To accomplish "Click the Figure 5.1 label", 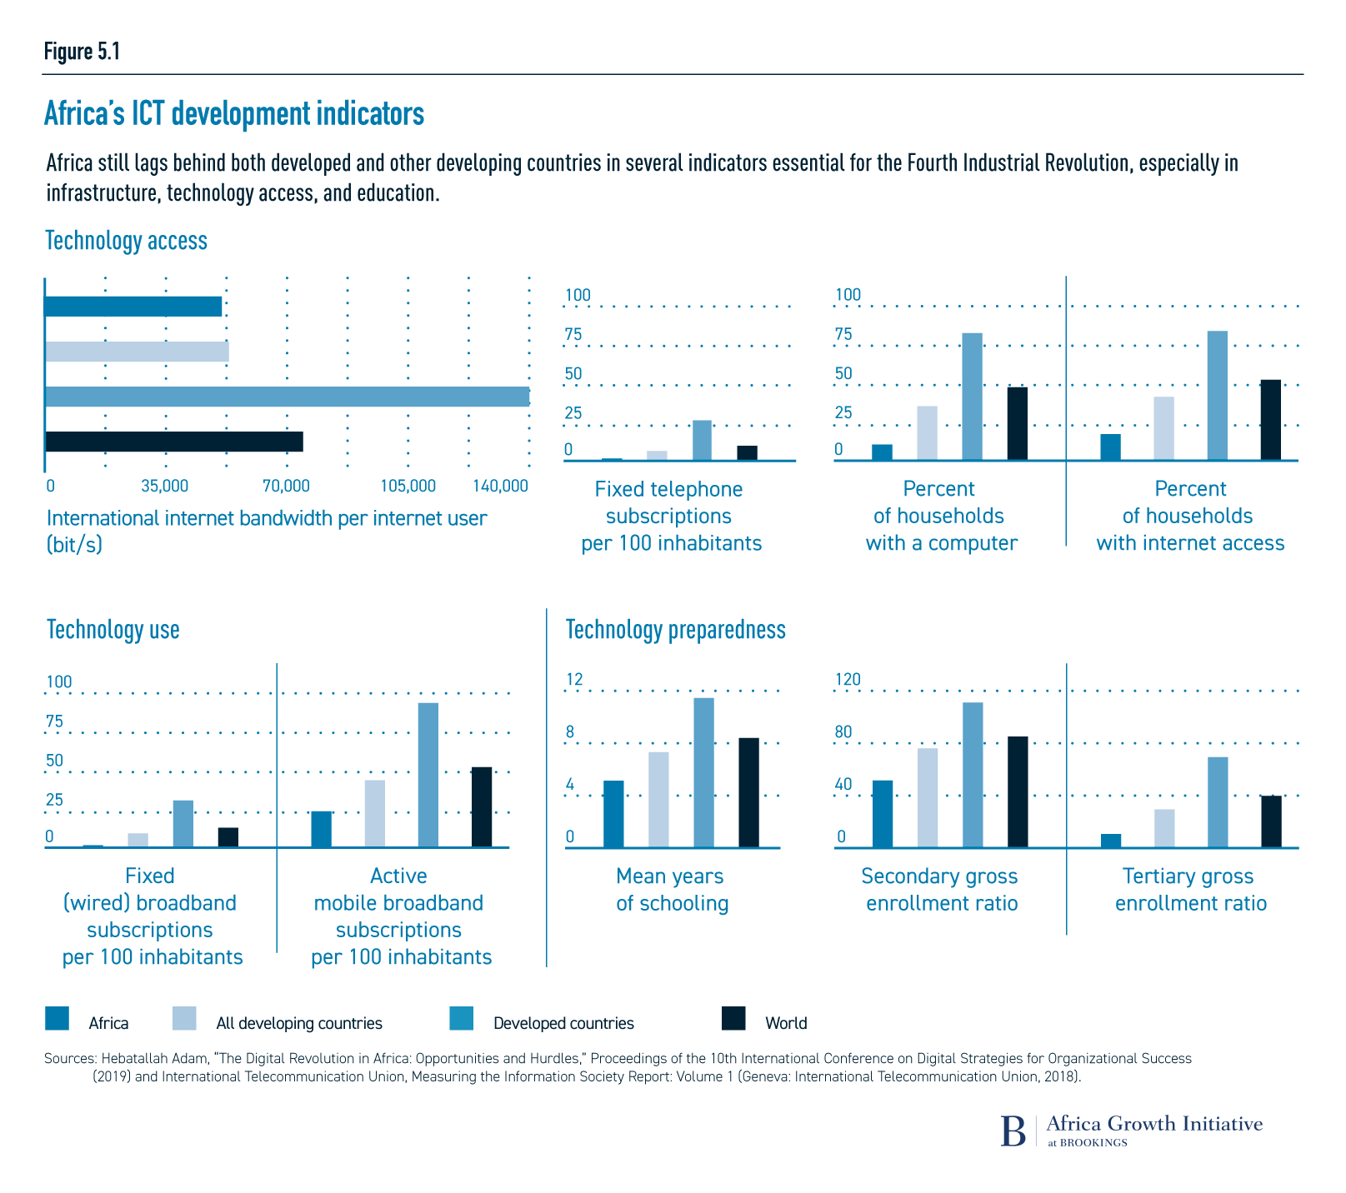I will coord(83,52).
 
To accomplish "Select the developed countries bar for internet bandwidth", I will coord(287,397).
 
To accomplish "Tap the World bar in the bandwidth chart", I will coord(173,442).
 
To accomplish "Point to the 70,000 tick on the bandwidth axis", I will coord(286,486).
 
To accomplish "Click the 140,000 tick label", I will coord(500,486).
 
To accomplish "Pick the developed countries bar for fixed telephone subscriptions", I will coord(702,441).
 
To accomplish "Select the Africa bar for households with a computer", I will coord(882,452).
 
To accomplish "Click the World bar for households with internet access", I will coord(1270,420).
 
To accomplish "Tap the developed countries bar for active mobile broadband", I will coord(428,775).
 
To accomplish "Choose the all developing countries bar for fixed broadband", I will coord(138,840).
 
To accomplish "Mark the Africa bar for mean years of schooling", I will coord(613,814).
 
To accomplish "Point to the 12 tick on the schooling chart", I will coord(575,680).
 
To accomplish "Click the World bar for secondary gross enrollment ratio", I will coord(1018,791).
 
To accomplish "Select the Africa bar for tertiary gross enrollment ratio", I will coord(1111,841).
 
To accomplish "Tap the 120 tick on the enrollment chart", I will coord(848,680).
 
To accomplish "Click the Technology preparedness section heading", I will coord(675,630).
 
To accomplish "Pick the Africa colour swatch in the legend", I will coord(58,1019).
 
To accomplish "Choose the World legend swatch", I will coord(733,1019).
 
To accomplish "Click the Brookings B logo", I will coord(1013,1131).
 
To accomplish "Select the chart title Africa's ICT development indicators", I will coord(234,114).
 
